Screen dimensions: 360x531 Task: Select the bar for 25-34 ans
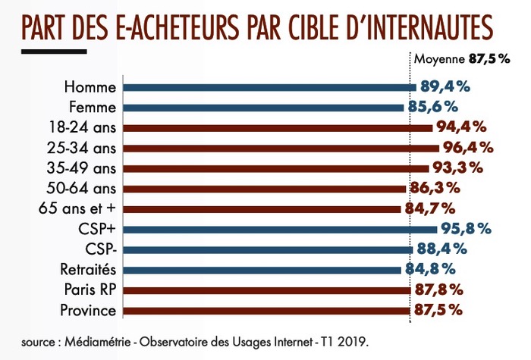coord(281,147)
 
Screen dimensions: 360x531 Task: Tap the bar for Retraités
coord(262,269)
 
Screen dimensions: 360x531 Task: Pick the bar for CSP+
coord(280,229)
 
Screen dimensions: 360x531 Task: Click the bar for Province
coord(265,310)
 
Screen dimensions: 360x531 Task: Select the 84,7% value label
coord(429,208)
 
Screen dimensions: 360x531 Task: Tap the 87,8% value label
coord(438,290)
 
